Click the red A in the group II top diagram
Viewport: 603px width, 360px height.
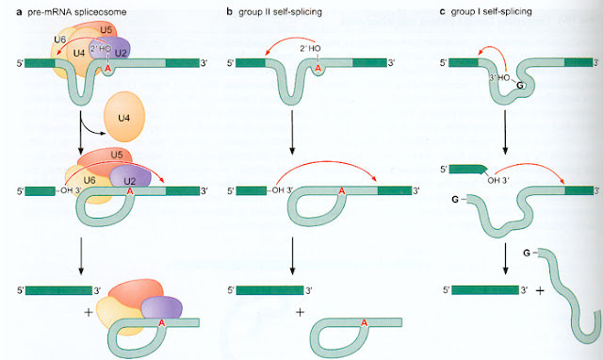pyautogui.click(x=318, y=67)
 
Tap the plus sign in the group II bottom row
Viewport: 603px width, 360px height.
pyautogui.click(x=301, y=310)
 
